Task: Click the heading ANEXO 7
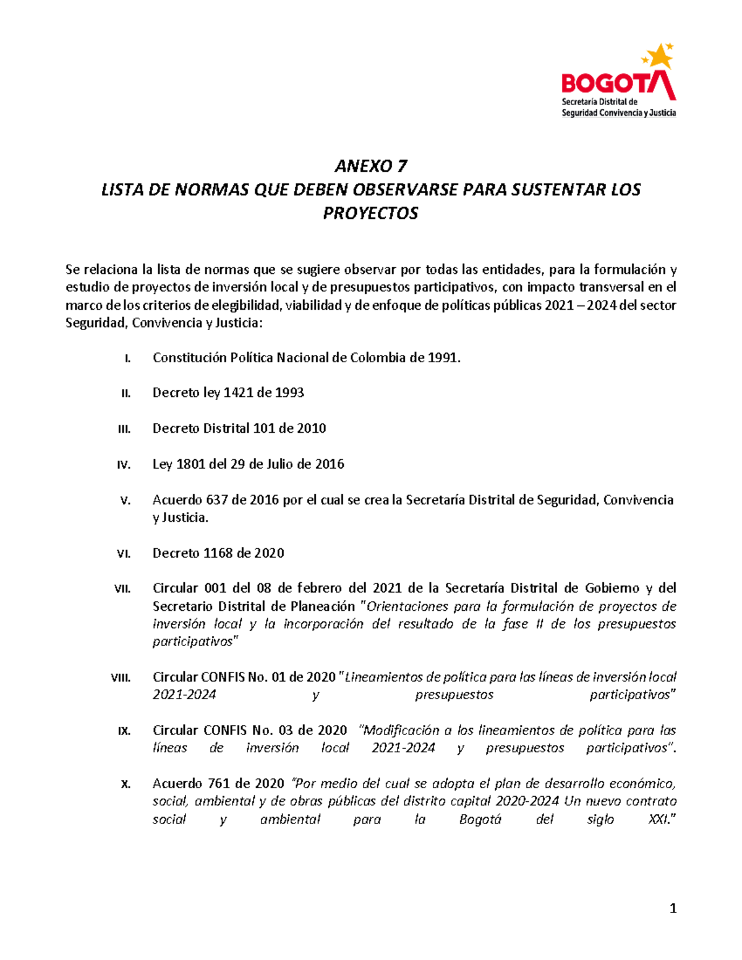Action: pos(371,166)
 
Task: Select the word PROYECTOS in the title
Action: pos(370,213)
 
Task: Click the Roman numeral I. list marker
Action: pos(127,359)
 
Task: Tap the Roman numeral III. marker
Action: pos(124,429)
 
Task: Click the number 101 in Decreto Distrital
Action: pos(263,428)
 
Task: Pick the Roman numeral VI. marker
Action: pos(124,554)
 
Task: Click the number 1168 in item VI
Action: pos(219,553)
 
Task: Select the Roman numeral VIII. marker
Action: pos(121,678)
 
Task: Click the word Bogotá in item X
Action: pos(480,820)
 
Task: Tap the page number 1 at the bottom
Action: pos(673,909)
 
